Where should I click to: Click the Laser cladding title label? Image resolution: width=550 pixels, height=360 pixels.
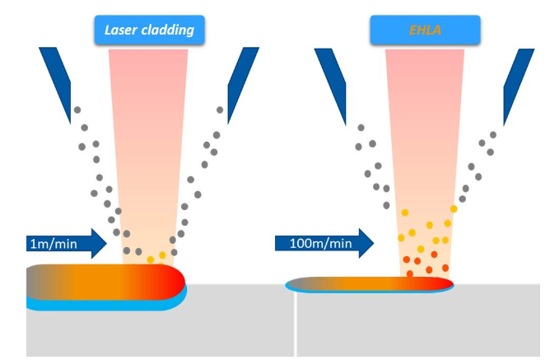(x=149, y=30)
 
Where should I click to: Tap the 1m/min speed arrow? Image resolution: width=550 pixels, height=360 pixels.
(x=66, y=243)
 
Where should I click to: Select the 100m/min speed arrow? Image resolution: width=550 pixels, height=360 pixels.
(x=324, y=243)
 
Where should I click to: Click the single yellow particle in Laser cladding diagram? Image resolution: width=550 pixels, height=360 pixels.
(x=150, y=259)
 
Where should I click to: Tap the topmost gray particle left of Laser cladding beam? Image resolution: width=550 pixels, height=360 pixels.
(x=77, y=110)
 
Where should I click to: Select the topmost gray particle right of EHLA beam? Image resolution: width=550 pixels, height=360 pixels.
(x=494, y=134)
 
